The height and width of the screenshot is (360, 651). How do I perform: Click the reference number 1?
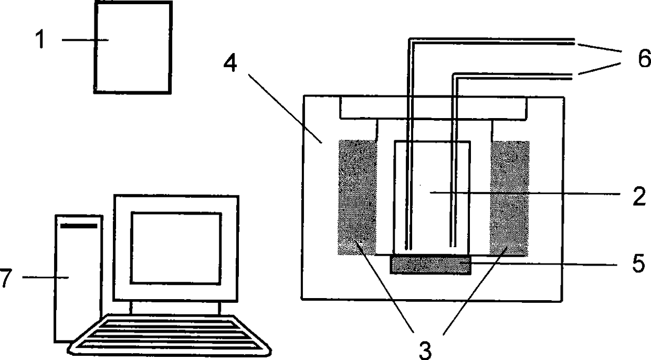click(40, 39)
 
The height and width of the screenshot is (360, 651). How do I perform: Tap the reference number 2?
click(639, 196)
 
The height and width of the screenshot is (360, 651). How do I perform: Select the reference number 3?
click(425, 351)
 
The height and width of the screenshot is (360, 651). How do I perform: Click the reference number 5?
click(638, 263)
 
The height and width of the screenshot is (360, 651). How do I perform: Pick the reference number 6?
click(644, 58)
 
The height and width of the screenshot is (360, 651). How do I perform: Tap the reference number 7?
click(6, 278)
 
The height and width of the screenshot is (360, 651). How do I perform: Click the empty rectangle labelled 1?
click(133, 47)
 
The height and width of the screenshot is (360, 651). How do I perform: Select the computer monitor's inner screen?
click(176, 248)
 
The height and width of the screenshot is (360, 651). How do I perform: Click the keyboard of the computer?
click(170, 335)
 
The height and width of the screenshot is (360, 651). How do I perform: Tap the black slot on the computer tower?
click(78, 226)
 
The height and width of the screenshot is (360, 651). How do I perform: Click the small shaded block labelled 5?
click(430, 264)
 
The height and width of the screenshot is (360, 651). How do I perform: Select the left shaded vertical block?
click(357, 197)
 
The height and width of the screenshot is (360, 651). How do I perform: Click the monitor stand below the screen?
click(175, 308)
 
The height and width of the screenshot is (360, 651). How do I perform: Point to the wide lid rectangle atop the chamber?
click(433, 108)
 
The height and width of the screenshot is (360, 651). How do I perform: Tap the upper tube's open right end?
click(574, 41)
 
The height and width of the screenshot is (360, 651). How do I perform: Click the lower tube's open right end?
click(571, 77)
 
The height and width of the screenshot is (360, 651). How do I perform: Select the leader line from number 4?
click(285, 109)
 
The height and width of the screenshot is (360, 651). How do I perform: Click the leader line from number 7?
click(45, 278)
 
